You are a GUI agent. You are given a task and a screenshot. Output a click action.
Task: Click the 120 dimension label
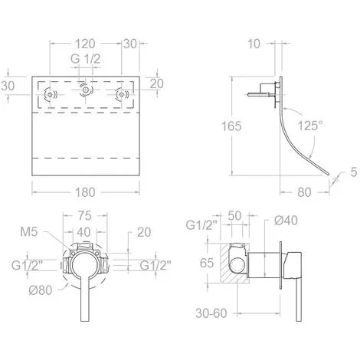[x=85, y=44]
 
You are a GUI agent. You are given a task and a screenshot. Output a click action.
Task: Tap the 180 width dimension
[x=85, y=192]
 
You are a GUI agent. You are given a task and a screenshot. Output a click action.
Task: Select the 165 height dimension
[x=231, y=126]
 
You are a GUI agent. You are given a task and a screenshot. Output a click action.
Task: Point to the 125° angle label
[x=310, y=126]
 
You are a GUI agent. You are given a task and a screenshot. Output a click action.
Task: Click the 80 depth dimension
[x=304, y=192]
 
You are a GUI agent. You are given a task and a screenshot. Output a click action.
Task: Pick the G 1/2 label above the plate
[x=85, y=59]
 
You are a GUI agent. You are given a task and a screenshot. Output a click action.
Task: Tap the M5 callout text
[x=29, y=232]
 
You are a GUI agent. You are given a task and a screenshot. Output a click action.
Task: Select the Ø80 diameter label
[x=41, y=290]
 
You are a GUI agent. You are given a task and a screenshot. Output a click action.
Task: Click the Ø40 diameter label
[x=286, y=221]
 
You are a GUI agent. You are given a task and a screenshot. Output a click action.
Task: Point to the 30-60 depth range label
[x=211, y=313]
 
